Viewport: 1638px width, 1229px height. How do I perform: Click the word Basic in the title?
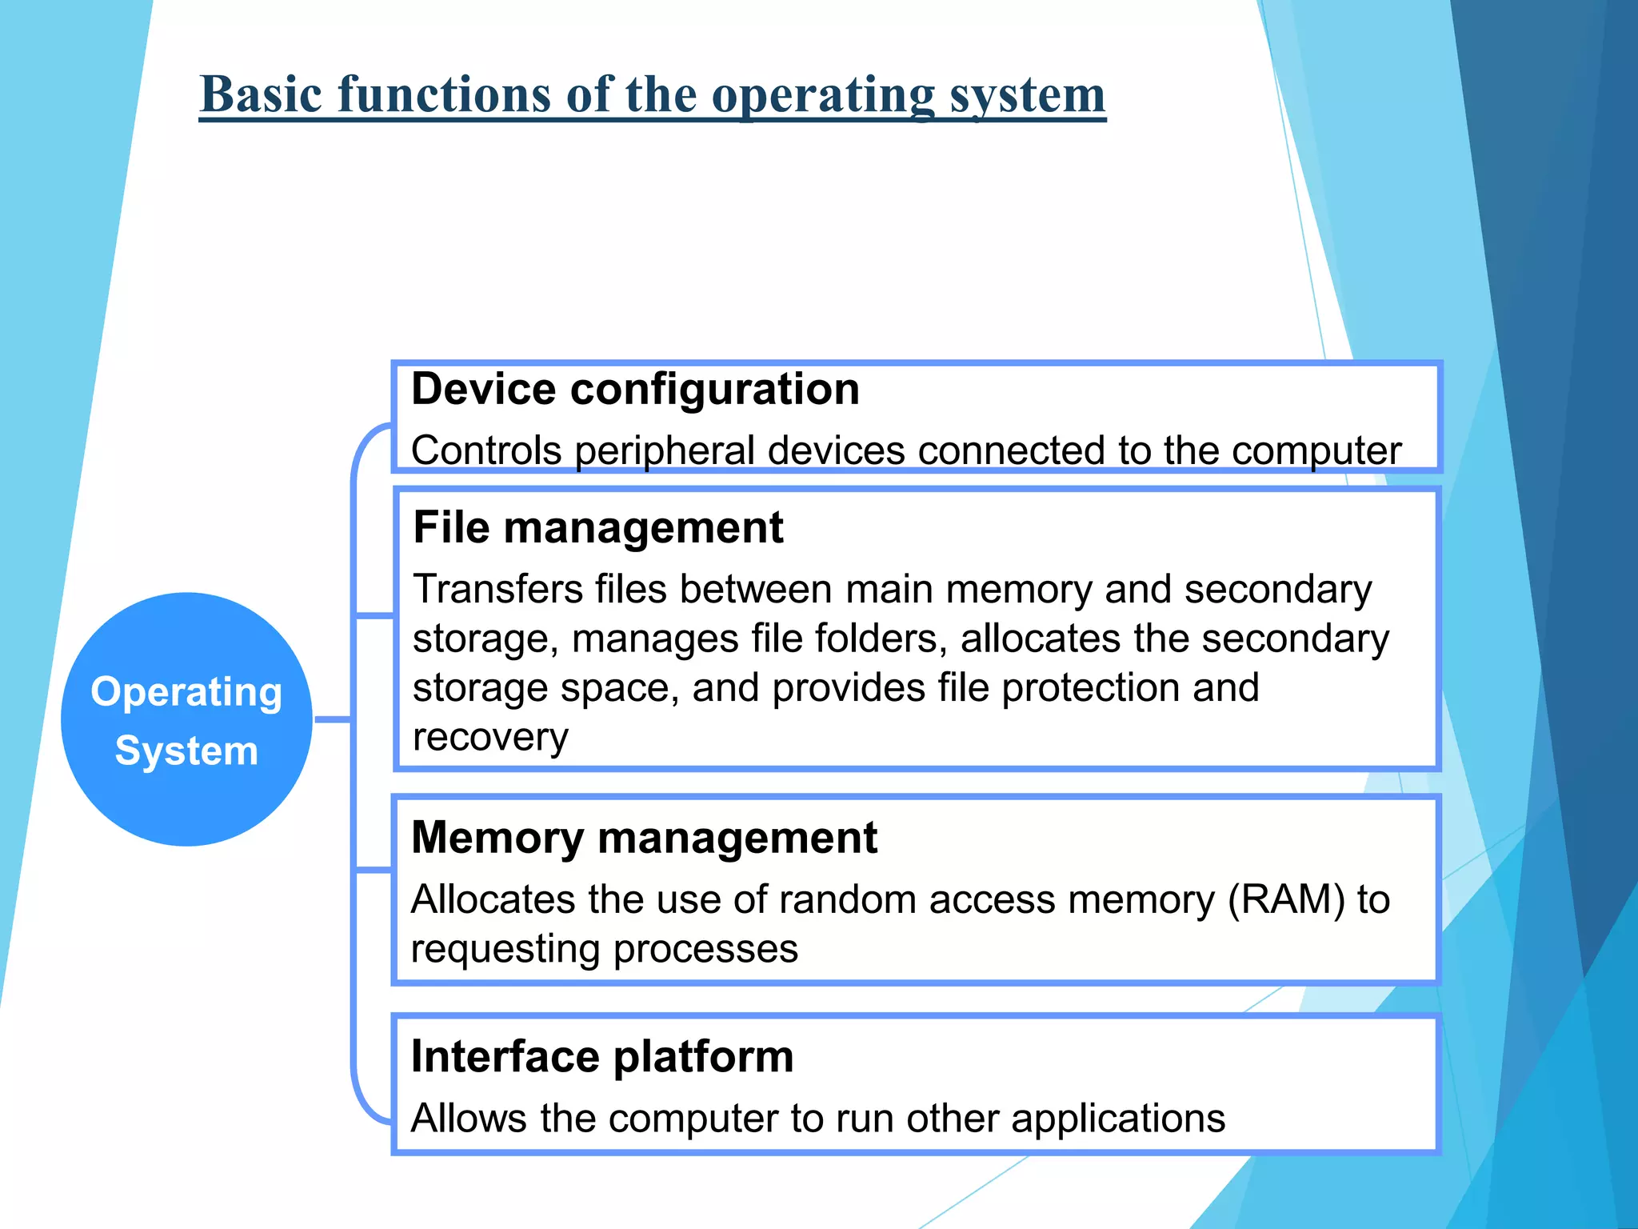[x=261, y=94]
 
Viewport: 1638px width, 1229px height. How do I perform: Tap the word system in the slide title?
[x=1027, y=94]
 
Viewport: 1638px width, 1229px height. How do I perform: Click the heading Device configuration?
[x=635, y=390]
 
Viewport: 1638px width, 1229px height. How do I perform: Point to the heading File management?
[x=597, y=528]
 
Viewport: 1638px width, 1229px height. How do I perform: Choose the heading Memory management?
[x=644, y=838]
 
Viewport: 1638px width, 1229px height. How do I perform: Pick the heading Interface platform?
[x=601, y=1056]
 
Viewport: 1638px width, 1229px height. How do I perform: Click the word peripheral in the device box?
[x=665, y=451]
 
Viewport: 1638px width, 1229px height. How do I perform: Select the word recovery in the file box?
[x=489, y=738]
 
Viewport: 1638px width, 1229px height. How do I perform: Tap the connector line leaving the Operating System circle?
[x=333, y=720]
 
